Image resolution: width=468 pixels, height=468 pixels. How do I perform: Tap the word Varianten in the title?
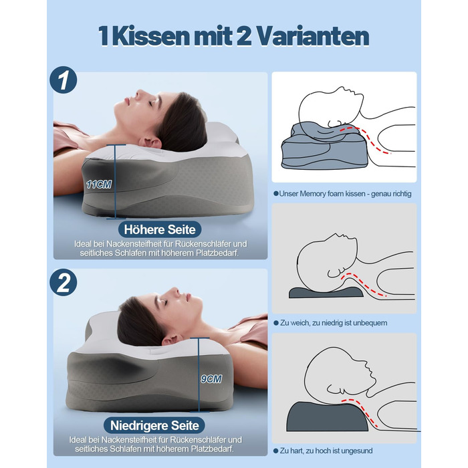tap(313, 36)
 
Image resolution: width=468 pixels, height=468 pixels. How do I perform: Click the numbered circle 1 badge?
tap(64, 80)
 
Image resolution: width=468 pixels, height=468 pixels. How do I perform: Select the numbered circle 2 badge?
tap(64, 283)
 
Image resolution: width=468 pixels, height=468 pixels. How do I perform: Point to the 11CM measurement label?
tap(99, 184)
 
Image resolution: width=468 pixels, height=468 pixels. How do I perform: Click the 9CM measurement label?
tap(211, 379)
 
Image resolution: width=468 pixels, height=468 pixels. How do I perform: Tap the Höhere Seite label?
tap(160, 229)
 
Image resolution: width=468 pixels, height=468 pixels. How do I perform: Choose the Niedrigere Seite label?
tap(154, 425)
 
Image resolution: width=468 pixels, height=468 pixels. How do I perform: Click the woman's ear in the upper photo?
tap(150, 142)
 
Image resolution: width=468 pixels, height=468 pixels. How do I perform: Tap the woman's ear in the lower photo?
tap(172, 340)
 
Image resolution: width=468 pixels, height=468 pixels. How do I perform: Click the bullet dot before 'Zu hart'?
tap(275, 451)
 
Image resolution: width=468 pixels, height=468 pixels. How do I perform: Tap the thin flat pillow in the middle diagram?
tap(326, 293)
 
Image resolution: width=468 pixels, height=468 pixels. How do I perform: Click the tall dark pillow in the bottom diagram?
tap(328, 417)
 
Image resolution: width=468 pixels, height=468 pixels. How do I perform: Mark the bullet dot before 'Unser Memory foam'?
tap(275, 194)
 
